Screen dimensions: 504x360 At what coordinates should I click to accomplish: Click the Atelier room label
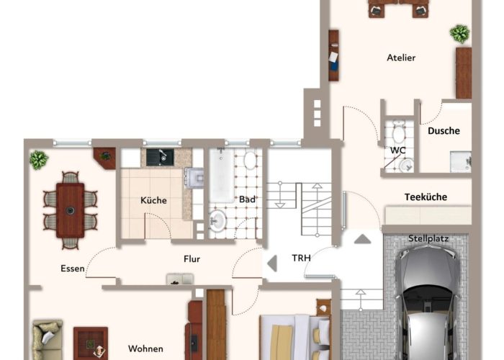point(401,58)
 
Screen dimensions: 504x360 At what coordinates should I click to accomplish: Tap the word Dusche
point(444,131)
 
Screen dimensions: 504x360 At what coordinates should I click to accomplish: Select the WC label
point(397,150)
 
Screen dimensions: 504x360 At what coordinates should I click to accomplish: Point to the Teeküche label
point(426,197)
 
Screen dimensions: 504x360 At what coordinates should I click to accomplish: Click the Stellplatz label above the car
point(428,238)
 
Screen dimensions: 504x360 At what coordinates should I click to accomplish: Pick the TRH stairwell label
point(301,258)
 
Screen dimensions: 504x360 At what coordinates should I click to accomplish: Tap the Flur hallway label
point(192,258)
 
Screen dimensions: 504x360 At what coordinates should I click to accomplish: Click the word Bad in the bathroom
point(247,199)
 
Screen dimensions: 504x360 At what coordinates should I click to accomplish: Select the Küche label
point(153,200)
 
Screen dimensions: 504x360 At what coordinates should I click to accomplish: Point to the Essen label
point(73,269)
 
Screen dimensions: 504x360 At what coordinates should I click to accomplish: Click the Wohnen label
point(145,348)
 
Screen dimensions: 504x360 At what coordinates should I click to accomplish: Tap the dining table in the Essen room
point(70,210)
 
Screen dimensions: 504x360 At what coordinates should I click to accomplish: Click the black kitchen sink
point(160,157)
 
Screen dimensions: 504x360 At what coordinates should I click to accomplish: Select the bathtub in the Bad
point(222,176)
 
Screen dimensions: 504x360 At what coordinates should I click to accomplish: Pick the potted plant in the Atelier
point(459,34)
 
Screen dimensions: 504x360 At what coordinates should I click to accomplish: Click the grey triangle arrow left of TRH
point(272,264)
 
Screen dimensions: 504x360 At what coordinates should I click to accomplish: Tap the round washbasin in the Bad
point(217,220)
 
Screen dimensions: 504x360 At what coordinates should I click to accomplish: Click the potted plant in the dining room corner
point(39,160)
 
